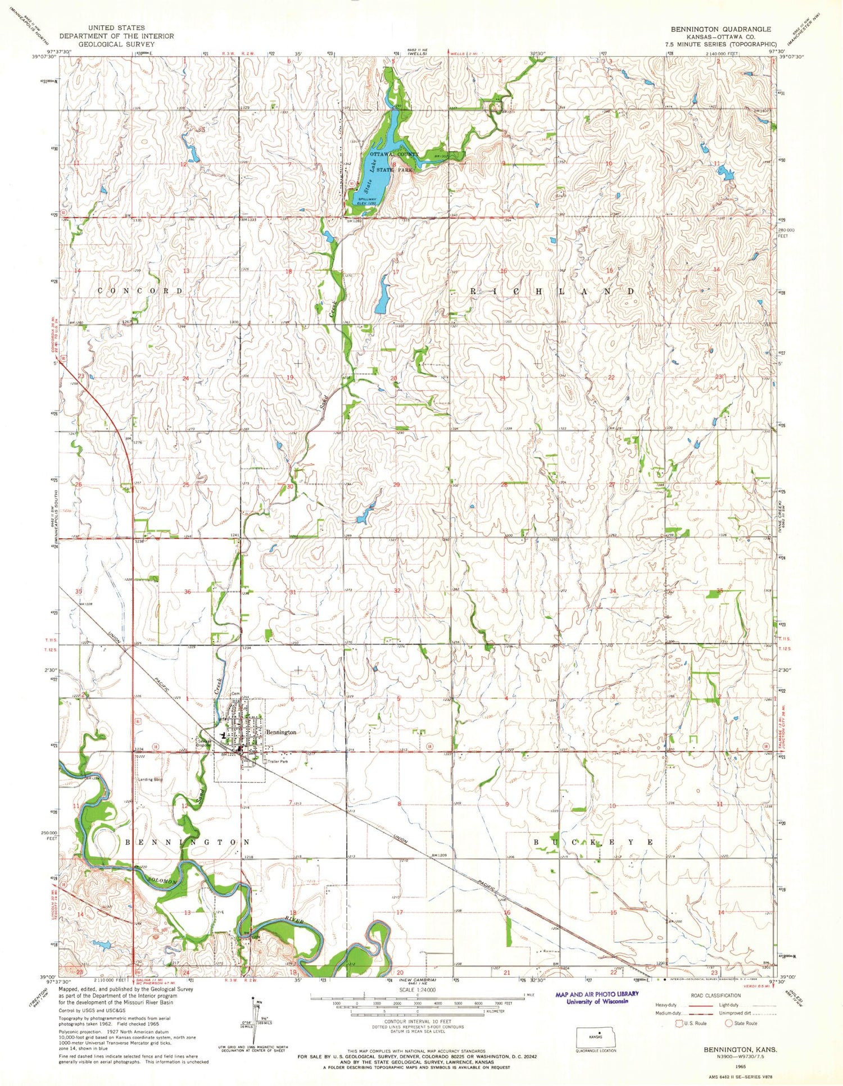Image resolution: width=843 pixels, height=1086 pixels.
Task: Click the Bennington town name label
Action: [281, 733]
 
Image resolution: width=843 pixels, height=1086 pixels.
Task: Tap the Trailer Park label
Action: [277, 761]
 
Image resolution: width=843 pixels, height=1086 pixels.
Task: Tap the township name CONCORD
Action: [140, 291]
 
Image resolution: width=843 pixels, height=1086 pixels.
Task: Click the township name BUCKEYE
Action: [593, 843]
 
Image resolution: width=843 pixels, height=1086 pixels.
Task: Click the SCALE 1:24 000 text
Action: [418, 990]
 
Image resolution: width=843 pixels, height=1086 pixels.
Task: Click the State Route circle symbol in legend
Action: [728, 1023]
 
